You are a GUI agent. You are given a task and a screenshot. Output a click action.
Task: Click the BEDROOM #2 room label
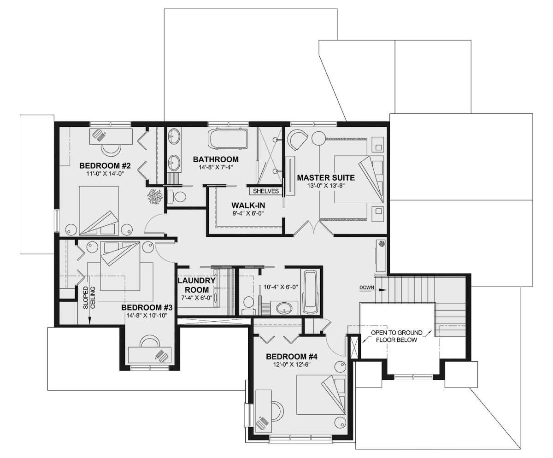pyautogui.click(x=105, y=165)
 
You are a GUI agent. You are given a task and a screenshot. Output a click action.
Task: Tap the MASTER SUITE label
pyautogui.click(x=326, y=177)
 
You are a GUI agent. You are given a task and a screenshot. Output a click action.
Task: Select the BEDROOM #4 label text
pyautogui.click(x=292, y=357)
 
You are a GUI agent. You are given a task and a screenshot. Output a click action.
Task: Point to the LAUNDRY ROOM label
pyautogui.click(x=196, y=285)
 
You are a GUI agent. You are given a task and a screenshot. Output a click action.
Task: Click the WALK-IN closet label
pyautogui.click(x=248, y=206)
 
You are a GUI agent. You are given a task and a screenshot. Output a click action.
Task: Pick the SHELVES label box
pyautogui.click(x=265, y=191)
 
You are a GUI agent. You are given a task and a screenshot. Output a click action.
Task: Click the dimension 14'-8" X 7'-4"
pyautogui.click(x=216, y=167)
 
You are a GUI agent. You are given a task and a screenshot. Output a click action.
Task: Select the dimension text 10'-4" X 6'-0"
pyautogui.click(x=281, y=287)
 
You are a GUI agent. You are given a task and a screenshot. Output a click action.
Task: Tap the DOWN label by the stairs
pyautogui.click(x=367, y=288)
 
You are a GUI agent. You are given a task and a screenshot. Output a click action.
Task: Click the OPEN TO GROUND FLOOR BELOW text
pyautogui.click(x=396, y=336)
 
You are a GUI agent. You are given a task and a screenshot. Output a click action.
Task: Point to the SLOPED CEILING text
pyautogui.click(x=89, y=298)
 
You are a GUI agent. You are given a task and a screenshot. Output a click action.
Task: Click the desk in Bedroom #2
pyautogui.click(x=111, y=136)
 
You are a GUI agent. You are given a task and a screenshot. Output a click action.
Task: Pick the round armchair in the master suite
pyautogui.click(x=298, y=140)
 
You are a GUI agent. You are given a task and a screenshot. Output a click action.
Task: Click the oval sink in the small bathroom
pyautogui.click(x=284, y=308)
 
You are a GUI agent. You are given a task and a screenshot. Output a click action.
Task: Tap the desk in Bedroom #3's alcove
pyautogui.click(x=150, y=356)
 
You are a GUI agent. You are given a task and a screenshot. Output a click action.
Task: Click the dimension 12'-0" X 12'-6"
pyautogui.click(x=292, y=364)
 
